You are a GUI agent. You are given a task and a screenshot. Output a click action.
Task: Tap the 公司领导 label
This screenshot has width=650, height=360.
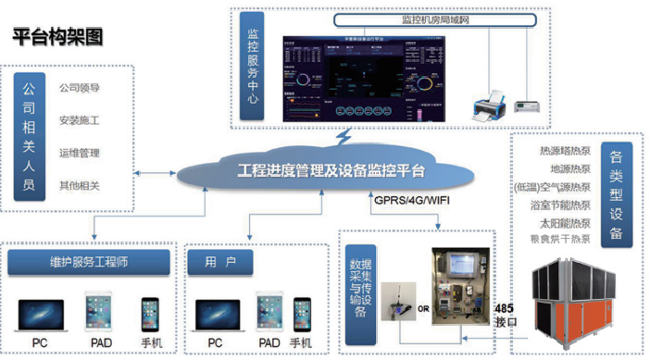(79, 89)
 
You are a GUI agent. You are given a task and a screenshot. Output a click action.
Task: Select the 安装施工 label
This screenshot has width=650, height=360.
(79, 121)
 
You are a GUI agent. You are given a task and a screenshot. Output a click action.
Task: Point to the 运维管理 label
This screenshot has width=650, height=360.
(79, 154)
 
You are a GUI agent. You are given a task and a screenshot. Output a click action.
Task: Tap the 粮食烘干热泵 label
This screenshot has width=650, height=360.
(561, 239)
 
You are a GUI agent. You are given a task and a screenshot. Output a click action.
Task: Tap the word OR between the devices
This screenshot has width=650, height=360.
(422, 307)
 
